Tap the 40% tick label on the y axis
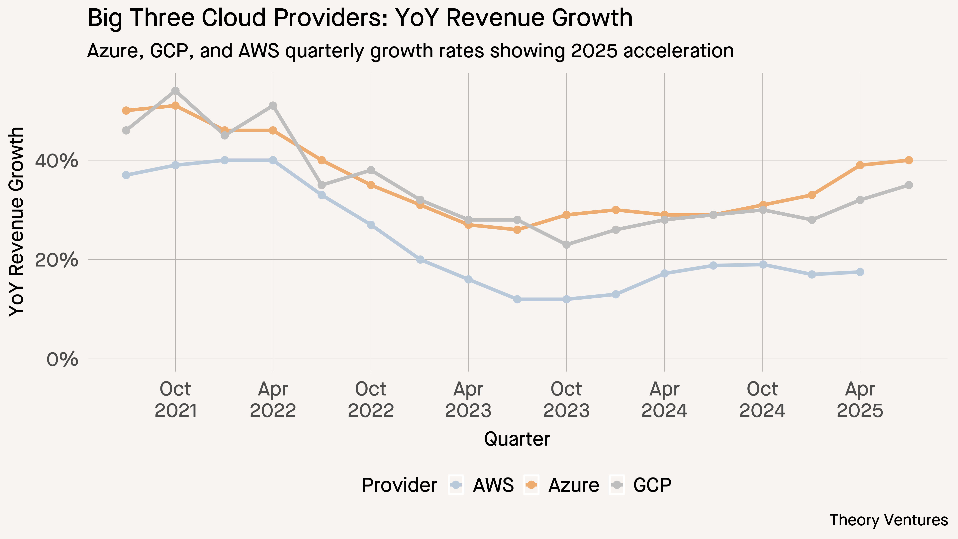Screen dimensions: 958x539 (x=56, y=161)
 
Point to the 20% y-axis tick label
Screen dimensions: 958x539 (x=56, y=260)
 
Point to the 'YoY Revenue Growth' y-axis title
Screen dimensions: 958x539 (x=16, y=222)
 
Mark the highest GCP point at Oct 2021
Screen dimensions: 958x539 (x=175, y=91)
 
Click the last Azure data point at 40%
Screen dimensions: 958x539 (x=909, y=160)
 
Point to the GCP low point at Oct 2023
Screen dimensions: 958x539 (x=566, y=245)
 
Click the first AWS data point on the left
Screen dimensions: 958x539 (x=126, y=175)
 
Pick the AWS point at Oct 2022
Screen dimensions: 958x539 (x=371, y=225)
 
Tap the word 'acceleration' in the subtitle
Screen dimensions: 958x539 (x=679, y=51)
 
